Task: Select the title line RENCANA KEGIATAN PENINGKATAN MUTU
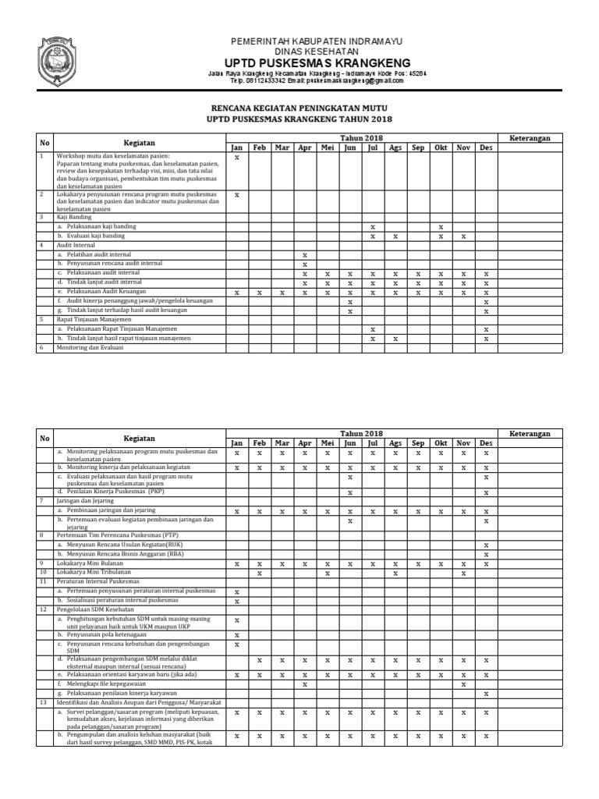[299, 107]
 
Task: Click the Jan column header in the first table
[236, 147]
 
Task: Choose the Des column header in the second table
[486, 442]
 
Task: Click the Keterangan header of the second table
[530, 433]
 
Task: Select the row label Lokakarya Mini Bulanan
[89, 563]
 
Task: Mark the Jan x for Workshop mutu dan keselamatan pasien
[236, 158]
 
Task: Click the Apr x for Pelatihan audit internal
[305, 255]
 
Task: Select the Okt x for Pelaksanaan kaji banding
[441, 226]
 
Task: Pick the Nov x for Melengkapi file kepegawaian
[463, 684]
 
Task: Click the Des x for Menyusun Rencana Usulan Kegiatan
[486, 545]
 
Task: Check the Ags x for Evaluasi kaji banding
[395, 236]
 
